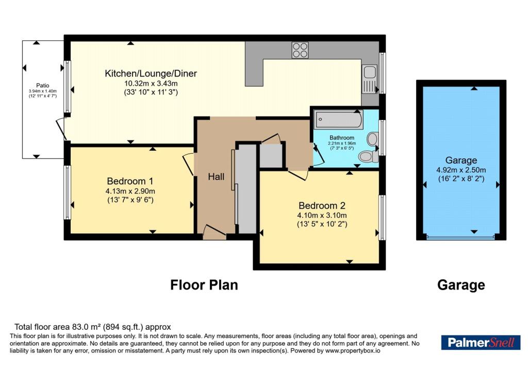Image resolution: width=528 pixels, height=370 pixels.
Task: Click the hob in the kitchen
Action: [300, 50]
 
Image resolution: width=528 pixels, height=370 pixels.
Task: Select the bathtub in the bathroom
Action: [338, 120]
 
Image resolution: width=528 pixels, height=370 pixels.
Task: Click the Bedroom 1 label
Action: [130, 181]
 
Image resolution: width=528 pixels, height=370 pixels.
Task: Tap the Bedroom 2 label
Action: [322, 205]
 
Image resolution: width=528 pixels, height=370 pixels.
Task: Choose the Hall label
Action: [216, 176]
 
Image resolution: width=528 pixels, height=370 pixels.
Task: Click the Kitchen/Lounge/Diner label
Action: [151, 73]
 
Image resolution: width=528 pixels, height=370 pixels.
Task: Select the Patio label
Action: [43, 86]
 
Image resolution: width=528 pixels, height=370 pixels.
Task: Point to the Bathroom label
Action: [342, 137]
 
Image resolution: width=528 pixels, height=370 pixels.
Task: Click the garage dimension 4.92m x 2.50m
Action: [461, 170]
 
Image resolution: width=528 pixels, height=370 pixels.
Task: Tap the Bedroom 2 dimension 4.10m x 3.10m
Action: [322, 215]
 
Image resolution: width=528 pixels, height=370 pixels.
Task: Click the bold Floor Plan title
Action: [204, 285]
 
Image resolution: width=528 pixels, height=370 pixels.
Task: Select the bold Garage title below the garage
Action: [461, 285]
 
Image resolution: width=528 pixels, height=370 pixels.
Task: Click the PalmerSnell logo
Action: [481, 343]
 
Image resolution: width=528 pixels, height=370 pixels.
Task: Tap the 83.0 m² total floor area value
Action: [87, 327]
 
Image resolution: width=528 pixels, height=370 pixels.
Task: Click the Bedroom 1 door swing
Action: [189, 164]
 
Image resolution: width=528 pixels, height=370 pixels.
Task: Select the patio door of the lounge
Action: [61, 128]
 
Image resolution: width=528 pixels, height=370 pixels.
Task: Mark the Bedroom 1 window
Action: [68, 192]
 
